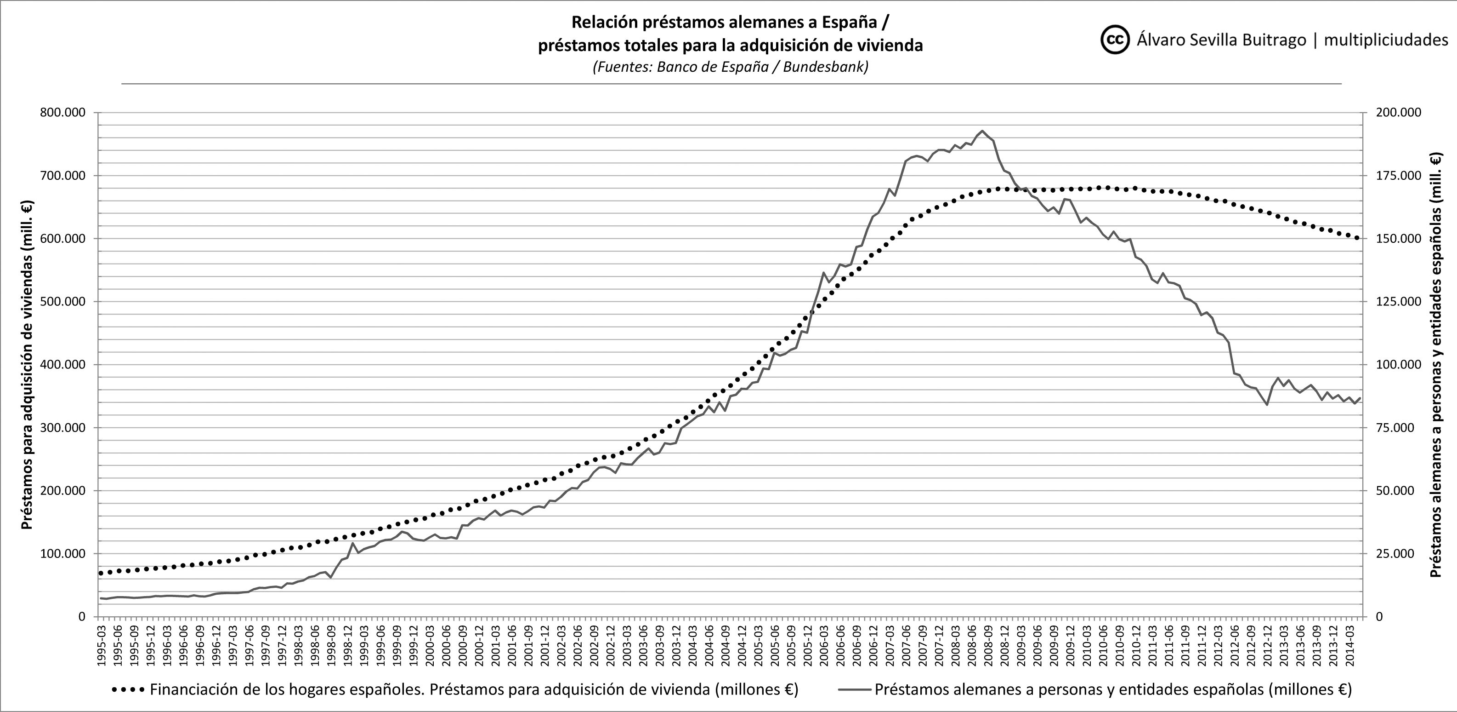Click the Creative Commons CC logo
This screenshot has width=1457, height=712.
pos(1115,40)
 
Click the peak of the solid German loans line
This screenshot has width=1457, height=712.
pos(982,131)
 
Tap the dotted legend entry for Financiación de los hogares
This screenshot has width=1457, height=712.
pos(455,690)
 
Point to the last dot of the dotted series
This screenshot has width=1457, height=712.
pos(1357,238)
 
